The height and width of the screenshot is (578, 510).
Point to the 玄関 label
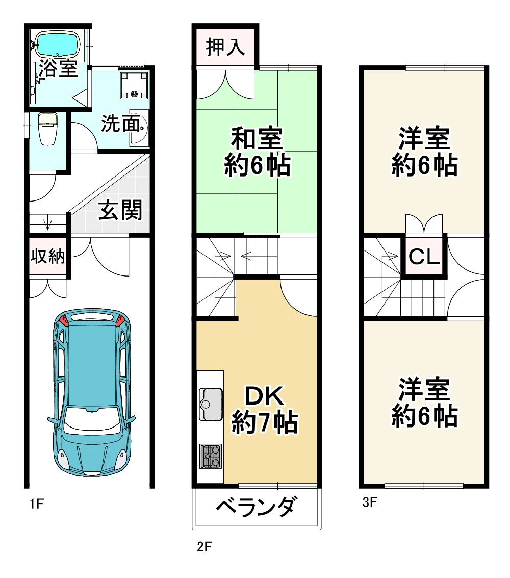(x=120, y=210)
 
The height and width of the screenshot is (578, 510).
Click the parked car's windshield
(x=91, y=421)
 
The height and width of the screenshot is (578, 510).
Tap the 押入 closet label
(x=225, y=47)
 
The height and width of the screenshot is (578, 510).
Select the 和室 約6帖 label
(x=257, y=152)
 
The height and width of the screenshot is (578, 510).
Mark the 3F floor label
(x=369, y=503)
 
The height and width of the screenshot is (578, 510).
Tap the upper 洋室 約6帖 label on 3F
(x=424, y=152)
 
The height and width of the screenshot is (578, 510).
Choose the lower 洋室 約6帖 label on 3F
(x=424, y=403)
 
